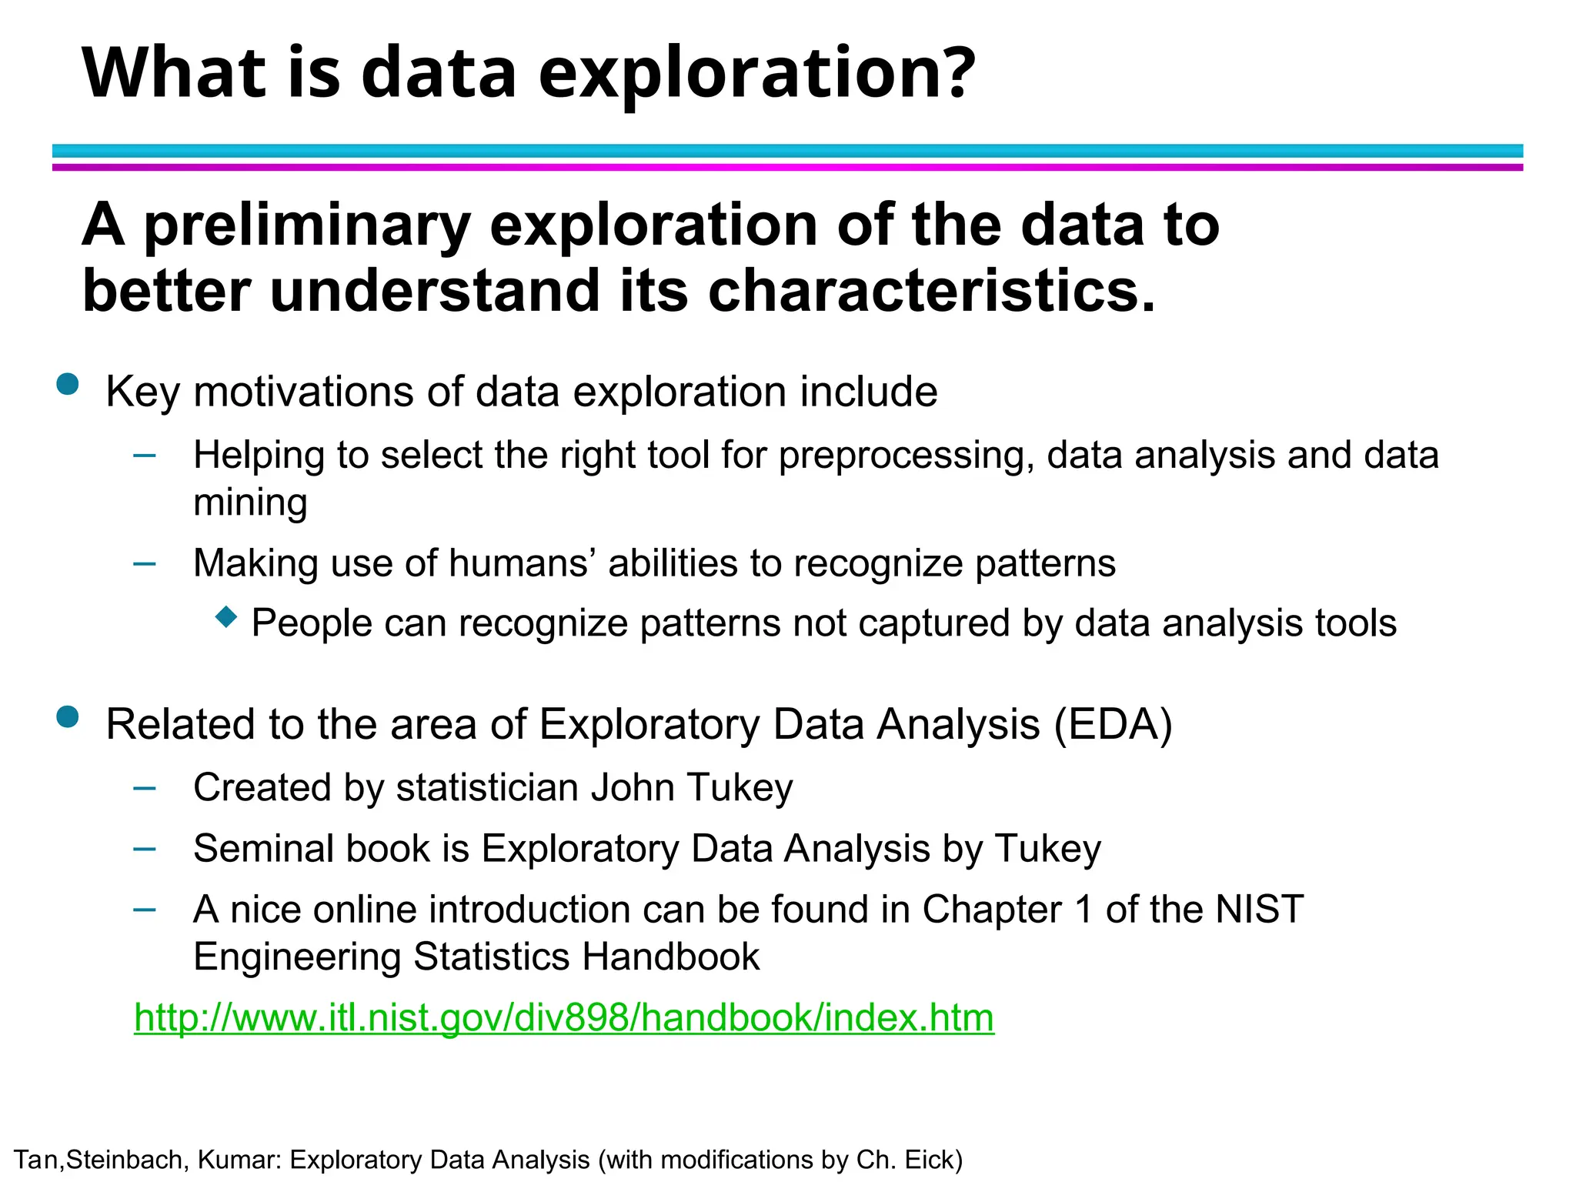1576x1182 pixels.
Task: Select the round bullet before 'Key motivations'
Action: (x=68, y=384)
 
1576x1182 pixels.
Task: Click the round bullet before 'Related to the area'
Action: (x=68, y=717)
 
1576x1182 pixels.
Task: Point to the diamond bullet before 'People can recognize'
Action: (x=226, y=616)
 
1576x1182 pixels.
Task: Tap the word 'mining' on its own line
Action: (x=250, y=503)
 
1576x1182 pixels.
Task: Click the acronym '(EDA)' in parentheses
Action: (x=1113, y=725)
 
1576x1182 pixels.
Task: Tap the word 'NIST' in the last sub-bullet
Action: (x=1259, y=910)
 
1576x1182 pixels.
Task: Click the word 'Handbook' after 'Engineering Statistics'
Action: (x=670, y=957)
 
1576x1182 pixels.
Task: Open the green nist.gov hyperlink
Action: (x=563, y=1018)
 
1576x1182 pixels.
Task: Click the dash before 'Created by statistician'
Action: (x=145, y=788)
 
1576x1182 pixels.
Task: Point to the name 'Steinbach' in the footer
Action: (x=123, y=1160)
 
